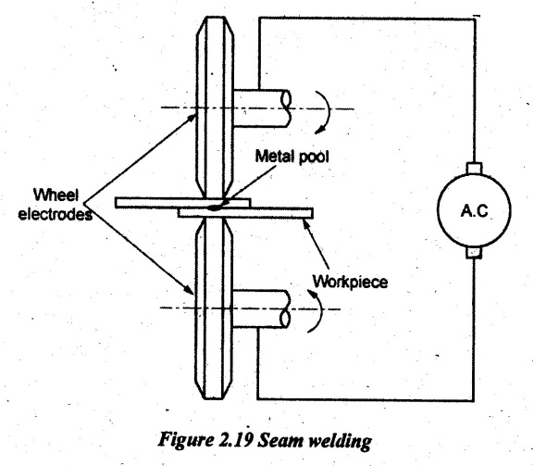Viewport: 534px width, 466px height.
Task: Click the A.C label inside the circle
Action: tap(475, 210)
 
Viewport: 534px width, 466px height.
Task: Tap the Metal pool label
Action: tap(292, 157)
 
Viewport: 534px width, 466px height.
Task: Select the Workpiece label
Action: tap(350, 282)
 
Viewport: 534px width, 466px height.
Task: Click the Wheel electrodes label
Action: tap(56, 205)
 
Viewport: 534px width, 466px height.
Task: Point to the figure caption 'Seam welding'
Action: tap(314, 440)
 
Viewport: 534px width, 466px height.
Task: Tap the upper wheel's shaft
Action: tap(262, 108)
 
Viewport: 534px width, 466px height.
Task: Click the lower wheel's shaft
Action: tap(262, 309)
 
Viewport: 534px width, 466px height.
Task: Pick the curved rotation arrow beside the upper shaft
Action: tap(329, 109)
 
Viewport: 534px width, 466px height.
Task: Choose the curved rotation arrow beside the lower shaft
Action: tap(321, 309)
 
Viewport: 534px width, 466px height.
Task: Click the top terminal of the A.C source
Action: tap(474, 168)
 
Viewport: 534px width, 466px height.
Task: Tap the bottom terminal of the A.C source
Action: tap(473, 253)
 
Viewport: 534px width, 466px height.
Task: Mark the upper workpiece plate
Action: tap(183, 203)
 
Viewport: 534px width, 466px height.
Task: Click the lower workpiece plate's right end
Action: tap(312, 213)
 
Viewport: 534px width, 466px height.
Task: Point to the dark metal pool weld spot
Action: tap(216, 207)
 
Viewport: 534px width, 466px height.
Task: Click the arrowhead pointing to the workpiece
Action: tap(305, 223)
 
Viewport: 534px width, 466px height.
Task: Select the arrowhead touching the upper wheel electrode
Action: tap(192, 117)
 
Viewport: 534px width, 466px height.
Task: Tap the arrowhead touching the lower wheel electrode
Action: tap(190, 290)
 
